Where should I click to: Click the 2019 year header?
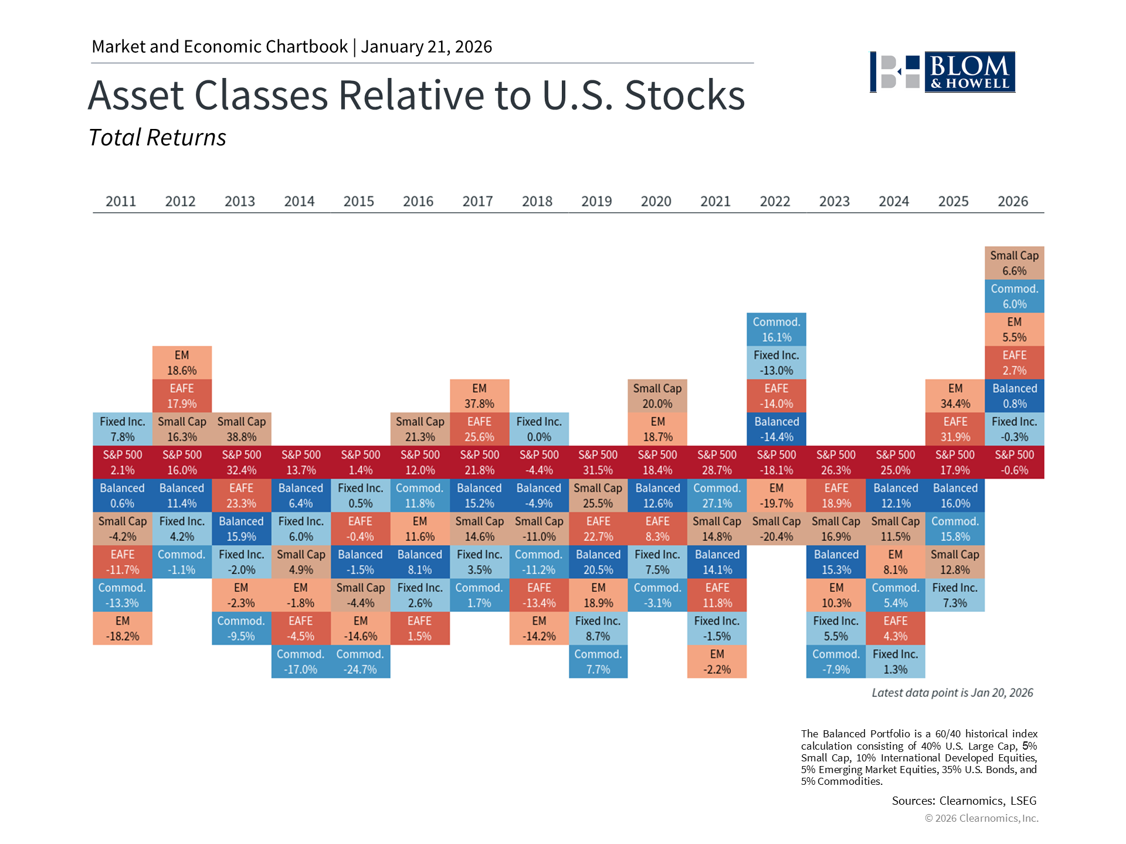pos(596,201)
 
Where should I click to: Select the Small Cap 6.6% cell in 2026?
pos(1014,263)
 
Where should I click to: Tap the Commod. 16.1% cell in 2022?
pos(776,329)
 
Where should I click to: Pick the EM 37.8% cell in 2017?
pos(479,396)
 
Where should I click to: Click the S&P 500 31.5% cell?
pos(598,462)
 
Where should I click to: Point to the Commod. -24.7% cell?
pos(360,662)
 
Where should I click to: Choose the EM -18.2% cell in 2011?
pos(123,628)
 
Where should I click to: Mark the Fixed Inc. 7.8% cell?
pos(123,429)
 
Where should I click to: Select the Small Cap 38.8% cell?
pos(242,429)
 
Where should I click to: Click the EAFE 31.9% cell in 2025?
pos(955,429)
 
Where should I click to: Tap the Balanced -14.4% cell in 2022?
pos(776,429)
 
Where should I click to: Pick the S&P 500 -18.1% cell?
pos(776,462)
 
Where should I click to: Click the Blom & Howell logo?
pos(942,72)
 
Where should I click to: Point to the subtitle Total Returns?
pos(157,138)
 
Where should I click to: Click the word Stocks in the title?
pos(684,95)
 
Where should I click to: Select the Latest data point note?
pos(952,693)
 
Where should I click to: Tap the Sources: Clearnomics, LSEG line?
pos(964,801)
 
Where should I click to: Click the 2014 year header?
pos(299,201)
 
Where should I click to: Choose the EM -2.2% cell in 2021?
pos(717,662)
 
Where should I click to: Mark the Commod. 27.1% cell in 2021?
pos(717,496)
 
